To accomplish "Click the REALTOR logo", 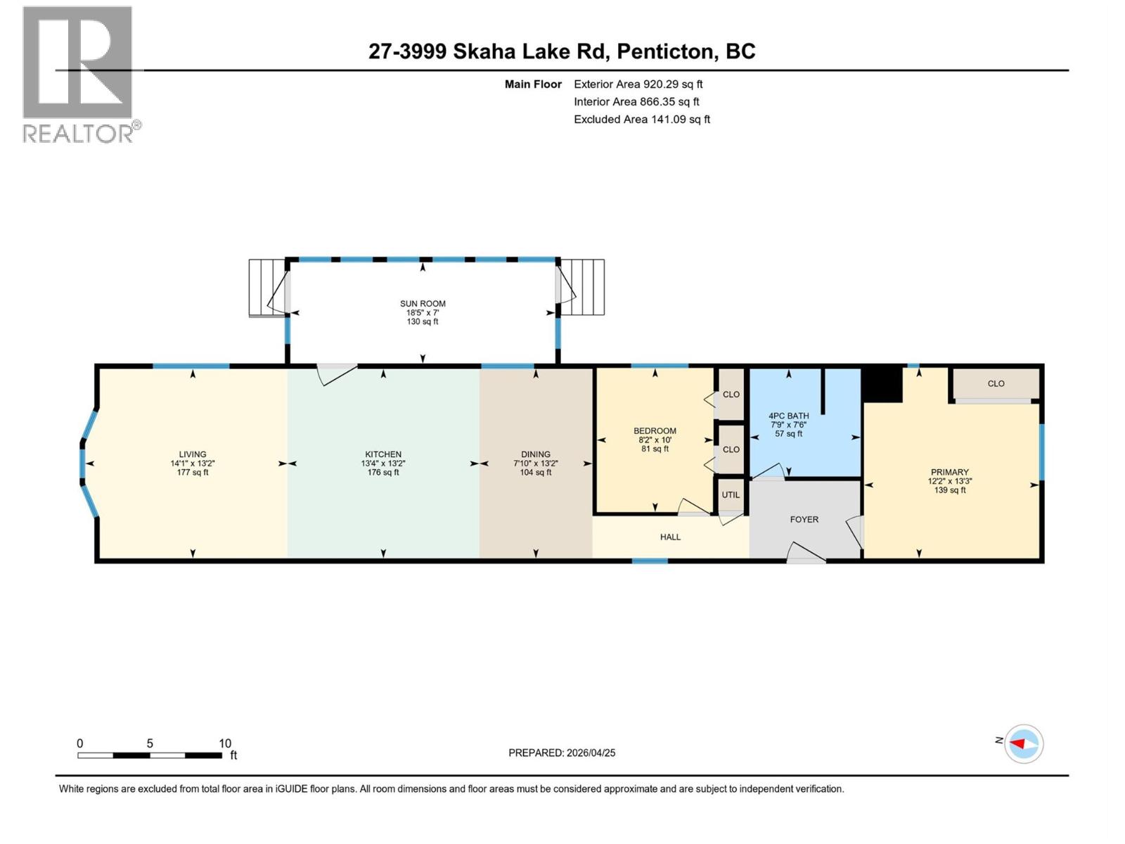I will (x=78, y=74).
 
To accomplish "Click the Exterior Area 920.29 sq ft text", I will (x=638, y=84).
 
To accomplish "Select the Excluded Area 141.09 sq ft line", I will (x=641, y=120).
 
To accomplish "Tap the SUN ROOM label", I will (x=423, y=304).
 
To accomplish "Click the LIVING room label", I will (x=192, y=454).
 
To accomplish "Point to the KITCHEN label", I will (x=383, y=454).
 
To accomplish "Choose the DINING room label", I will (x=536, y=454).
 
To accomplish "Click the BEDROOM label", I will (x=655, y=431).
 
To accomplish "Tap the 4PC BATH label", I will (x=788, y=416).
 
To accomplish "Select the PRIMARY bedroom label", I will (x=949, y=473).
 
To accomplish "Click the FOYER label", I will (x=804, y=520).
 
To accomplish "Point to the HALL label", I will (x=670, y=537).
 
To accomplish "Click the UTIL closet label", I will (x=731, y=495).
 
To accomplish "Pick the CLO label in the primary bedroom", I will (x=996, y=384).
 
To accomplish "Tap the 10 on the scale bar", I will (x=224, y=743).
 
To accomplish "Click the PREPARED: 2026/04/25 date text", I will (x=562, y=753).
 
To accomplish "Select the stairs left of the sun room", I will (x=266, y=288).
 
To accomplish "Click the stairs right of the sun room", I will (x=583, y=288).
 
